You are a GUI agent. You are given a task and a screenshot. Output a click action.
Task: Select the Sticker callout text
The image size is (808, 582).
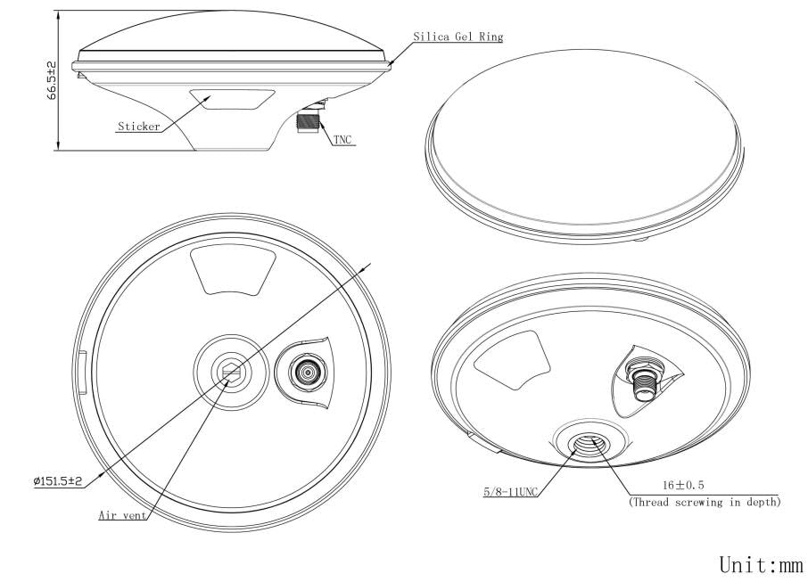coord(138,127)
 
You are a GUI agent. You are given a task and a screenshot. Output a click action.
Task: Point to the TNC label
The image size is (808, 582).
coord(342,140)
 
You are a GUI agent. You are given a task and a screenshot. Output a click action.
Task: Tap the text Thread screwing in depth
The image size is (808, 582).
coord(705,502)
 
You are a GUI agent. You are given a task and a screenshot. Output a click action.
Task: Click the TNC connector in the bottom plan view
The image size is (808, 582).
coord(307,372)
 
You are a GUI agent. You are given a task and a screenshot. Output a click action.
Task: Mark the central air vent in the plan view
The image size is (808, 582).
coord(230,371)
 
